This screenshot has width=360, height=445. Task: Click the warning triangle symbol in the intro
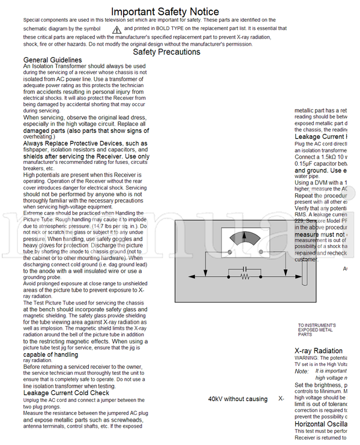[x=117, y=29]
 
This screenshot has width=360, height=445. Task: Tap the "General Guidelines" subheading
[x=52, y=60]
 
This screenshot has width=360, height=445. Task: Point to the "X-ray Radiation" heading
[x=319, y=351]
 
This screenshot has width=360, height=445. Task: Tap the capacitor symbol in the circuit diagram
[x=245, y=268]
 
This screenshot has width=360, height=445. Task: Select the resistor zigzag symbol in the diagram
[x=245, y=277]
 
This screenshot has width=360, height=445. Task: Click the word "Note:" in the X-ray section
[x=301, y=371]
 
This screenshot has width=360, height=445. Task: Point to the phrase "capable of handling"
[x=50, y=354]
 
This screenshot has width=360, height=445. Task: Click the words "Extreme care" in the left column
[x=38, y=213]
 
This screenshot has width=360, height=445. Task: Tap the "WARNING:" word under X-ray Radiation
[x=307, y=357]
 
